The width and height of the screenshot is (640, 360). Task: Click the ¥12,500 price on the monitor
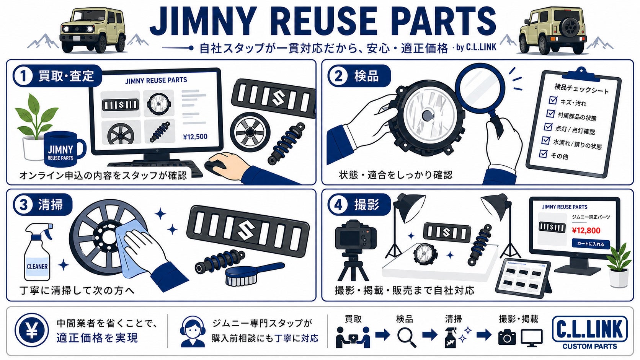[x=195, y=137]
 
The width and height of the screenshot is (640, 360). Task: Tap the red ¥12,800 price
[x=586, y=231]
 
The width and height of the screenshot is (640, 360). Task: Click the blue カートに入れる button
[x=591, y=244]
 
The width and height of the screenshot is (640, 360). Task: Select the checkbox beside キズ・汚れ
[x=553, y=100]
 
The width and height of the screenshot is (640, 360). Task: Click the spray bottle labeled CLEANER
[x=38, y=252]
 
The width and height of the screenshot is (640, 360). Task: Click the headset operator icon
[x=193, y=331]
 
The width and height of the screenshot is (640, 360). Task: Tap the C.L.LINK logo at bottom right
[x=589, y=332]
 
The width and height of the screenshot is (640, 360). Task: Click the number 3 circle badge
[x=23, y=205]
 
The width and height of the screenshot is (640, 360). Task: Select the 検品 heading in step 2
[x=366, y=76]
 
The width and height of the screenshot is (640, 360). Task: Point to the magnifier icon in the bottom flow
[x=406, y=337]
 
